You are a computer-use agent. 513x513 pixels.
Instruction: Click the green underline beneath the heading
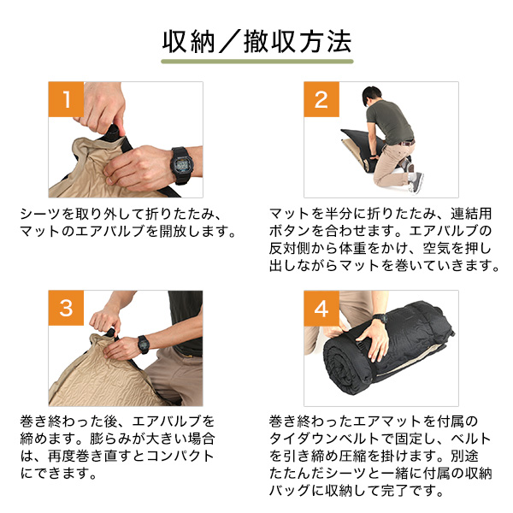pos(256,63)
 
